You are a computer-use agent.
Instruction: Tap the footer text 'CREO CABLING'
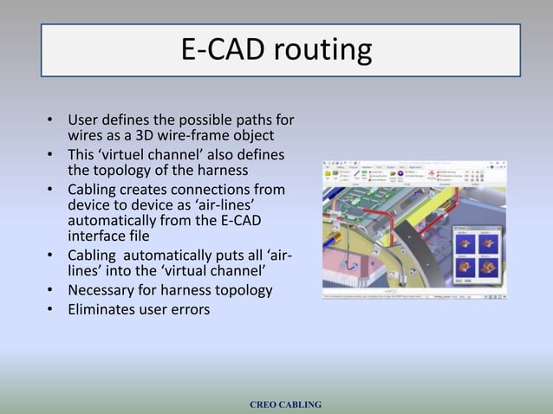(x=285, y=404)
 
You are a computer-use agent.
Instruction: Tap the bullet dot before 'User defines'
(x=52, y=120)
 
